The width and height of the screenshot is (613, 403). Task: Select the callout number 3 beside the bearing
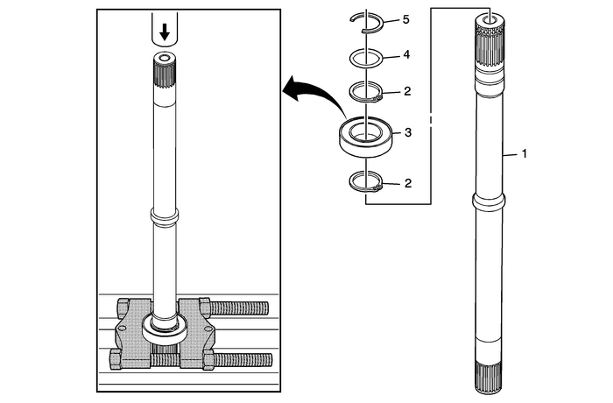coord(405,133)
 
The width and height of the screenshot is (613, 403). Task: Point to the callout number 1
coord(524,154)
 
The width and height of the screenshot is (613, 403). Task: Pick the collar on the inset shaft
coord(163,215)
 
